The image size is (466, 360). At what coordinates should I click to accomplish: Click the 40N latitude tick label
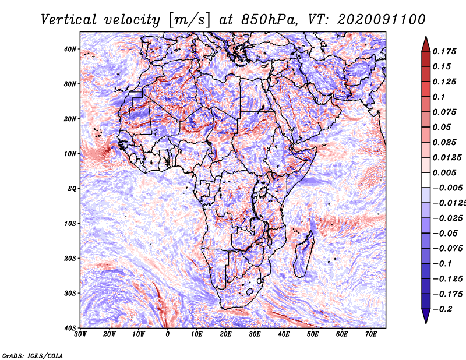click(x=70, y=49)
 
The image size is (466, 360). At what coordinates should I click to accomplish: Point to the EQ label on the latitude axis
click(x=72, y=189)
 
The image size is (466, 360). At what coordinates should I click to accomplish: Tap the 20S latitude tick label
click(x=70, y=258)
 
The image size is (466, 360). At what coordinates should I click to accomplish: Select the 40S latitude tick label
click(x=70, y=328)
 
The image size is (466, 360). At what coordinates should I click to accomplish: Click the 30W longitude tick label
click(x=80, y=334)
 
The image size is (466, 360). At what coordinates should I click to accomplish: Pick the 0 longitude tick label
click(x=168, y=334)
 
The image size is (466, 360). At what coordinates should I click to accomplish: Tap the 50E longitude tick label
click(x=313, y=334)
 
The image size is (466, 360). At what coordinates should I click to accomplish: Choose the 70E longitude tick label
click(x=371, y=334)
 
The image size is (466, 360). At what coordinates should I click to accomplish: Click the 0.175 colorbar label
click(x=444, y=51)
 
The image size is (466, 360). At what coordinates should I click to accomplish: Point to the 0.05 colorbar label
click(x=442, y=127)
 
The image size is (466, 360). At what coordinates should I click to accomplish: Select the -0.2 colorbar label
click(x=443, y=309)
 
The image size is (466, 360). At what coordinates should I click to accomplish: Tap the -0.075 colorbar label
click(x=447, y=249)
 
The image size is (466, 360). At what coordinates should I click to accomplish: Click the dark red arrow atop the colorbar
click(x=426, y=44)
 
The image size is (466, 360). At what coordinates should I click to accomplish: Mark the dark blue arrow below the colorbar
click(x=426, y=316)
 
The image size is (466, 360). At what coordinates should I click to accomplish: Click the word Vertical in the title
click(x=69, y=20)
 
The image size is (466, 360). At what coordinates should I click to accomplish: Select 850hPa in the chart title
click(x=269, y=20)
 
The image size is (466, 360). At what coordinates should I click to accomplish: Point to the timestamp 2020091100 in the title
click(x=382, y=20)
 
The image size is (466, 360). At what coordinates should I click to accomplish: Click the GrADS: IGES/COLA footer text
click(x=33, y=356)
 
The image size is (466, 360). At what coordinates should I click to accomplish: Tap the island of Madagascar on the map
click(x=304, y=255)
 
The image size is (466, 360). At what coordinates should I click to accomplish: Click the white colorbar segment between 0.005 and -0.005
click(x=426, y=180)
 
